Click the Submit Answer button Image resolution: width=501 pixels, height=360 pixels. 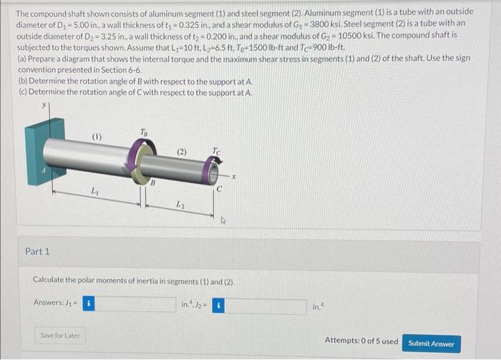click(x=431, y=344)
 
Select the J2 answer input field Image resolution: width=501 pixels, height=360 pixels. click(x=266, y=306)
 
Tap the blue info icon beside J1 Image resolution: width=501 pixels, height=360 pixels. click(x=89, y=303)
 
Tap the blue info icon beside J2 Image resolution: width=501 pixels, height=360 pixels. click(x=218, y=306)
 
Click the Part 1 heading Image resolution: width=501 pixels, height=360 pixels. click(x=37, y=252)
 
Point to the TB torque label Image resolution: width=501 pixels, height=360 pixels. click(x=144, y=132)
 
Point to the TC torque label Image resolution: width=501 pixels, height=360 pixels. click(x=216, y=150)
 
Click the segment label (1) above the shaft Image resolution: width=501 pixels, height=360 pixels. click(x=97, y=137)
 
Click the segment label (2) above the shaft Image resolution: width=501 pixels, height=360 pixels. click(x=182, y=152)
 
